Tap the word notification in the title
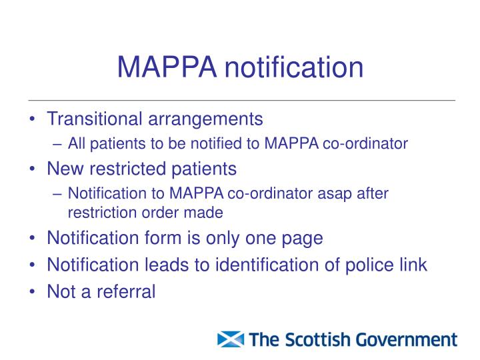293,67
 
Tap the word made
207,213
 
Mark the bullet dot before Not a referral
33,292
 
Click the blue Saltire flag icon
231,339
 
